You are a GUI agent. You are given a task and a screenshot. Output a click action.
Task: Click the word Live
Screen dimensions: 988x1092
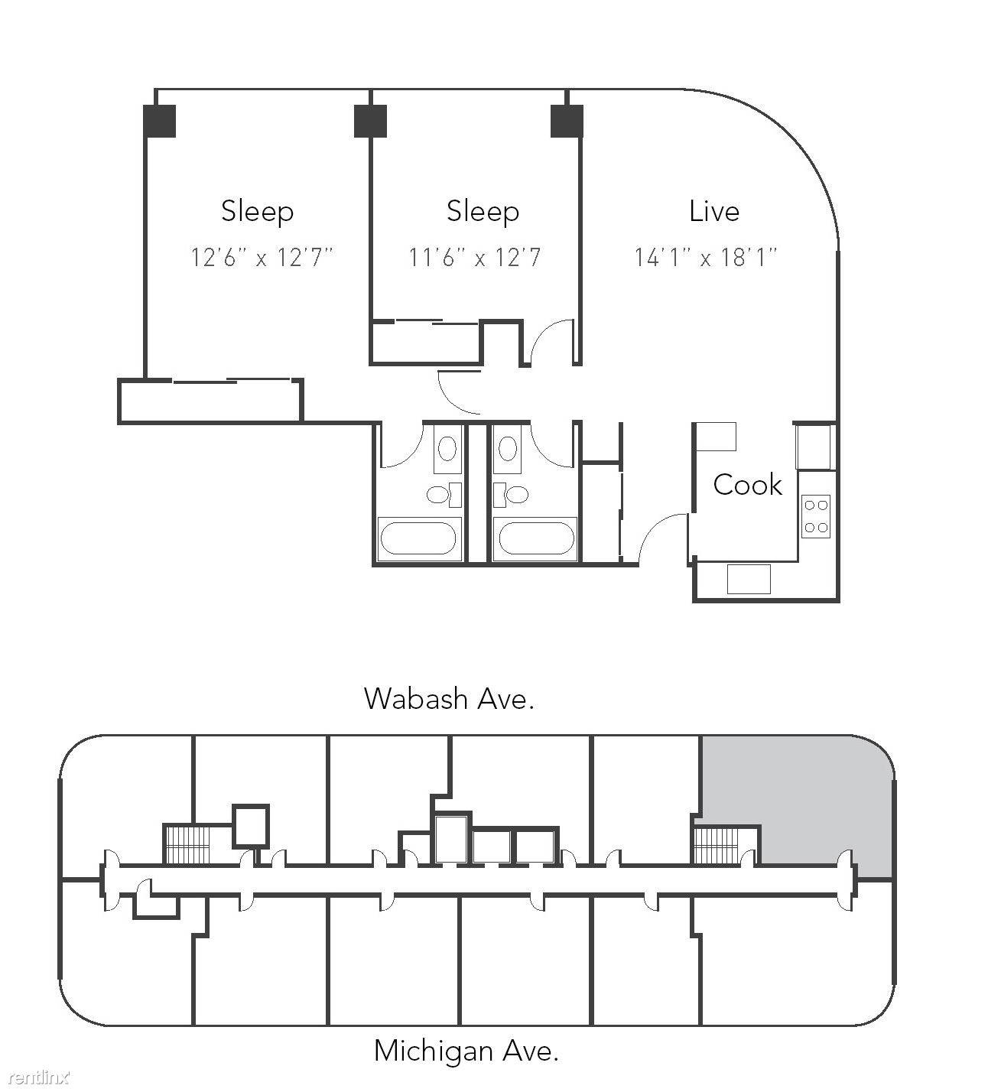pos(713,211)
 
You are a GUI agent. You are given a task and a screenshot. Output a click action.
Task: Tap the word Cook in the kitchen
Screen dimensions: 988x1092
pos(747,485)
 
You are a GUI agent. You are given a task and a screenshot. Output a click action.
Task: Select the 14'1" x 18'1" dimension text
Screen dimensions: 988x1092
pos(706,257)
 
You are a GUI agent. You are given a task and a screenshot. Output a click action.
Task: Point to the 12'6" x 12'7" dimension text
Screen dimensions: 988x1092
pos(262,257)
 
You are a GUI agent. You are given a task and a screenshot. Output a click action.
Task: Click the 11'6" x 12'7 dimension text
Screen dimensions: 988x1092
pos(475,257)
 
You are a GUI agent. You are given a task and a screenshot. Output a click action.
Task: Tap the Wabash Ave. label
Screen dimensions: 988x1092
pos(449,698)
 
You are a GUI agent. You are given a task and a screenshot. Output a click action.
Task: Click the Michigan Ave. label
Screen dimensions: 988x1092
pos(466,1051)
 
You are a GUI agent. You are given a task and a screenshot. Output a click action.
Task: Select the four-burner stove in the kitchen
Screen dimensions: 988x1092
pos(815,516)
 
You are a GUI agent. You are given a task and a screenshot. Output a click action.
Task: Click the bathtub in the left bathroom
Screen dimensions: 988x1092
pos(418,538)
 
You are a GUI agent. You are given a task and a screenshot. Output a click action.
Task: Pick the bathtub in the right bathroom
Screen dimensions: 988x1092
pos(535,538)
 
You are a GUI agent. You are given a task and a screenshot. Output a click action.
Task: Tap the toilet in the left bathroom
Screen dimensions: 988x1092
pos(443,495)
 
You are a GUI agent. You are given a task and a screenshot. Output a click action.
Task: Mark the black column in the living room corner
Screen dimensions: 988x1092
pos(567,121)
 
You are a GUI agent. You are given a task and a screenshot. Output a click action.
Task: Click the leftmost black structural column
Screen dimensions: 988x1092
pos(160,121)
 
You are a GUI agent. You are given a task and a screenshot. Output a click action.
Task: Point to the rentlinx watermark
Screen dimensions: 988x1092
pos(41,1077)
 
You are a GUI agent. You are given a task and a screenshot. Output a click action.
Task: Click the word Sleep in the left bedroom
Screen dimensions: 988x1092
pos(257,212)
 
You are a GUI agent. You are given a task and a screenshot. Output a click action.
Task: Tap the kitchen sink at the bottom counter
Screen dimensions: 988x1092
pos(749,579)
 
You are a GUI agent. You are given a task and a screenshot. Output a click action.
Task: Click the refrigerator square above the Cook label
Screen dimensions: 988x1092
pos(717,437)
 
